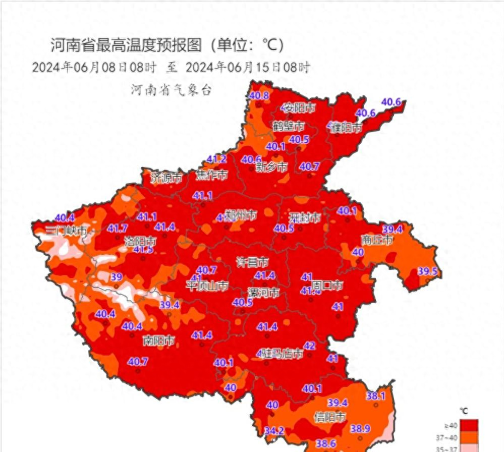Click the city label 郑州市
click(241, 215)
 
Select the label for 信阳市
click(330, 417)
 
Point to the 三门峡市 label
click(66, 232)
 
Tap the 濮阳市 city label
click(346, 128)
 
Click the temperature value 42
click(310, 346)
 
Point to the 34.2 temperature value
click(273, 431)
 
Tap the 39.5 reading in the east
click(428, 271)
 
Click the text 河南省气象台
click(171, 90)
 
